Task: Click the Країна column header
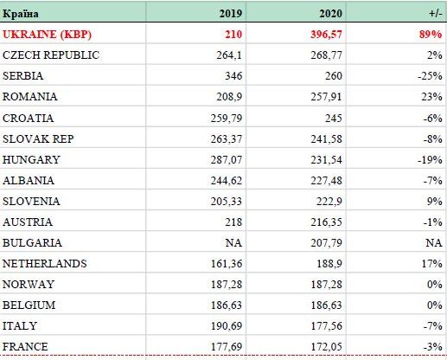[x=21, y=14]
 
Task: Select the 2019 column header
[x=230, y=14]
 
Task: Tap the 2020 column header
[x=330, y=14]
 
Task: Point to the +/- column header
[x=435, y=14]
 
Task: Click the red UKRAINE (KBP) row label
[x=47, y=35]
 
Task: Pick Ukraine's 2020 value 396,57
[x=326, y=35]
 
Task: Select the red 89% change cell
[x=431, y=35]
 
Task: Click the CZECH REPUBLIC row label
[x=51, y=55]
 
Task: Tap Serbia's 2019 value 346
[x=233, y=76]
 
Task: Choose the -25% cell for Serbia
[x=430, y=76]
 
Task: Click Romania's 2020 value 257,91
[x=326, y=97]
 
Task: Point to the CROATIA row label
[x=28, y=119]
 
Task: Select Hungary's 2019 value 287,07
[x=227, y=160]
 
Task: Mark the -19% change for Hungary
[x=430, y=160]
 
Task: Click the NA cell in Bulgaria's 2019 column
[x=233, y=242]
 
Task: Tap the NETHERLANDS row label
[x=45, y=264]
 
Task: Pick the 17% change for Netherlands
[x=431, y=264]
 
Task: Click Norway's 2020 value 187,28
[x=326, y=285]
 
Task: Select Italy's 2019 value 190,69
[x=227, y=326]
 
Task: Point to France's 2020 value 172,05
[x=326, y=347]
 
